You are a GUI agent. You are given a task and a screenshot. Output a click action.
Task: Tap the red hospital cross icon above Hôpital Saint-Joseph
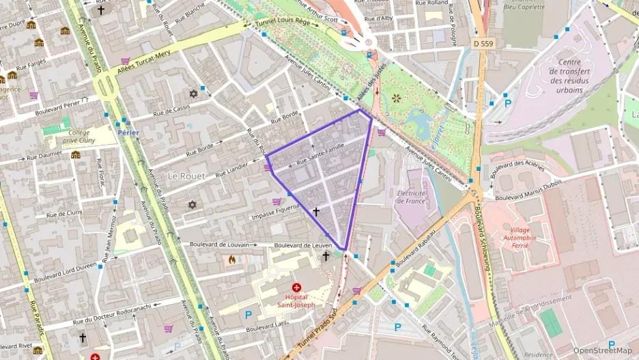296,288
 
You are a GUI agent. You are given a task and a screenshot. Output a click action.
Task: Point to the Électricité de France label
412,197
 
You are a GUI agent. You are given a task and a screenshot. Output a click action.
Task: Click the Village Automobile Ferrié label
528,236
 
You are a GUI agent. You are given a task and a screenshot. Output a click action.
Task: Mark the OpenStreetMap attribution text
602,350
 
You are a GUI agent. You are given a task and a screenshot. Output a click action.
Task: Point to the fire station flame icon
232,260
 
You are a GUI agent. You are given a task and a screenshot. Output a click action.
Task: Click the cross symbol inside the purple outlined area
315,212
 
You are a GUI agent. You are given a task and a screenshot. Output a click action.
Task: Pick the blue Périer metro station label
128,133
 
